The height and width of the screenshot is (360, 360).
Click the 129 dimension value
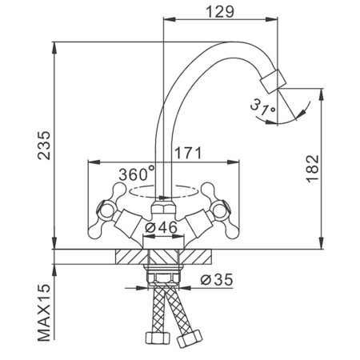pyautogui.click(x=220, y=12)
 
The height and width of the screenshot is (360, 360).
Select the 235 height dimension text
pyautogui.click(x=44, y=146)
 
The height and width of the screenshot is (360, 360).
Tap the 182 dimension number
pyautogui.click(x=312, y=169)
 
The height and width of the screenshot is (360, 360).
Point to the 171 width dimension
pyautogui.click(x=188, y=153)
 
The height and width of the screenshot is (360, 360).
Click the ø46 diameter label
pyautogui.click(x=161, y=227)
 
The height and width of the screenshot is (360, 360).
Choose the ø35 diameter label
pyautogui.click(x=217, y=279)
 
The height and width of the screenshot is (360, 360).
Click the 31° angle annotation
pyautogui.click(x=262, y=107)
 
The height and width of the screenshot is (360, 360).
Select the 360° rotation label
pyautogui.click(x=137, y=174)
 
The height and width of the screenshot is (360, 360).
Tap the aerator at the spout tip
pyautogui.click(x=273, y=81)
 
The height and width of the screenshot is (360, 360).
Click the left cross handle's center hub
pyautogui.click(x=106, y=210)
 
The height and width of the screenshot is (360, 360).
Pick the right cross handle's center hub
pyautogui.click(x=219, y=210)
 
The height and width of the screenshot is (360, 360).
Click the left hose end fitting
pyautogui.click(x=158, y=338)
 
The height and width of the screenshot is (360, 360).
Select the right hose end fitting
pyautogui.click(x=190, y=338)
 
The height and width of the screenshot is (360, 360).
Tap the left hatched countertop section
pyautogui.click(x=132, y=257)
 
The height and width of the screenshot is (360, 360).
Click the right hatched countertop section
pyautogui.click(x=195, y=257)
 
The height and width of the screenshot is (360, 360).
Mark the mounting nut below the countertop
pyautogui.click(x=163, y=278)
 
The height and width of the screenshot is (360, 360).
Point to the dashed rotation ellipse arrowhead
pyautogui.click(x=163, y=198)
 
